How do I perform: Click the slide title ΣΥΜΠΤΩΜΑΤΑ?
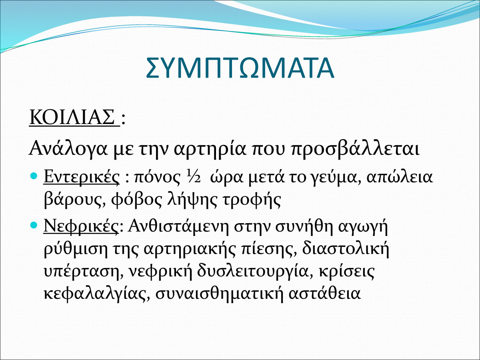[x=240, y=68]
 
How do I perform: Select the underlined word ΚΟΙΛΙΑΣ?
[x=72, y=118]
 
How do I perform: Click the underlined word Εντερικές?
[x=82, y=177]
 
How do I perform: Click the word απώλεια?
[x=400, y=178]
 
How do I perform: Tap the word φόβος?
[x=136, y=200]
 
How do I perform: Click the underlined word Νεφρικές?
[x=81, y=226]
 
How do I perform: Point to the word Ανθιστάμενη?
[x=178, y=226]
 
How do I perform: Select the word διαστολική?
[x=346, y=250]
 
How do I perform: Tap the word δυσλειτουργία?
[x=252, y=272]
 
